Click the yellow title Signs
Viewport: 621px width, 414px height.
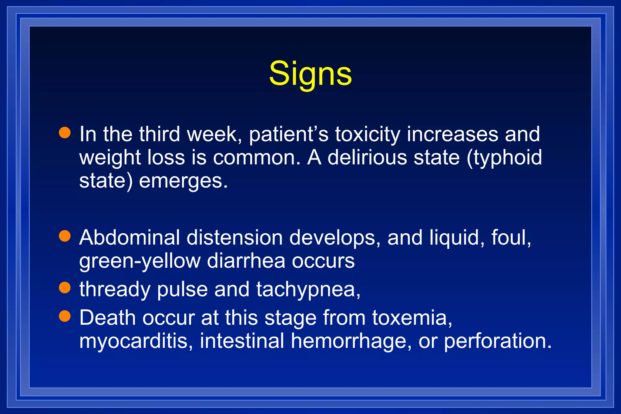(310, 74)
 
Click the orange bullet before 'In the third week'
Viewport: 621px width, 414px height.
(65, 133)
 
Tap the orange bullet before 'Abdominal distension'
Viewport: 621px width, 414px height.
(65, 236)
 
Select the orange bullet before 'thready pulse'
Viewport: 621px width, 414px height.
(65, 288)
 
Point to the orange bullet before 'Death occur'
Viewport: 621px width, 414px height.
(65, 316)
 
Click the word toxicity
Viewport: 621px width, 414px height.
(368, 134)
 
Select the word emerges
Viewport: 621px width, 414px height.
(183, 181)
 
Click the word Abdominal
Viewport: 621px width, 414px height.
(129, 237)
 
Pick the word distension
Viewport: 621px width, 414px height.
(235, 237)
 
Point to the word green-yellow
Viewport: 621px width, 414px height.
(140, 261)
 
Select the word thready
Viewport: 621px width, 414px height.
(115, 289)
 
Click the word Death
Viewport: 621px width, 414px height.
(107, 318)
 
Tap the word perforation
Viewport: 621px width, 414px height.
(498, 341)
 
